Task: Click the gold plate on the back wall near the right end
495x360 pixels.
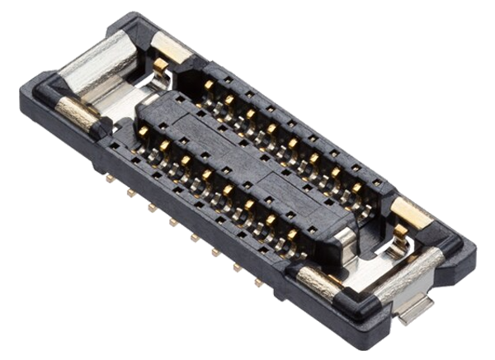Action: point(410,212)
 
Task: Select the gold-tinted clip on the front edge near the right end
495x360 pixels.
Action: point(317,281)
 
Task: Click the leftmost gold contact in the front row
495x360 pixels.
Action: point(143,131)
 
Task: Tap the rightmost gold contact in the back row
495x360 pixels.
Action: point(356,188)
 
